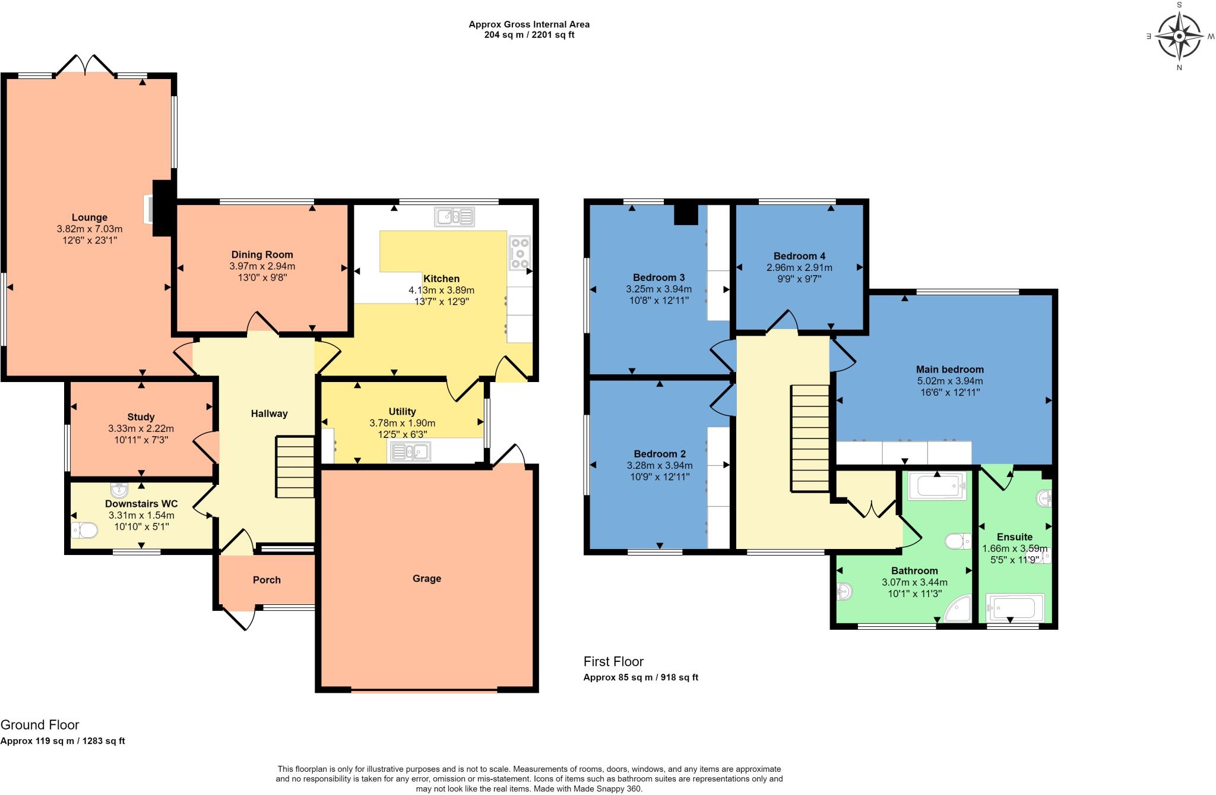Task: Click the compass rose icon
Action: click(x=1179, y=36)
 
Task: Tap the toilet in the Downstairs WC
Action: click(x=84, y=530)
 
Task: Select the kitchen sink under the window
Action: click(x=455, y=217)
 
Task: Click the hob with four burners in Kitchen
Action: click(x=520, y=253)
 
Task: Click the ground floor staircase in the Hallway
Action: click(x=294, y=467)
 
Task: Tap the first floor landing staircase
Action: click(x=810, y=438)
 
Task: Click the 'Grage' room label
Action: click(x=426, y=579)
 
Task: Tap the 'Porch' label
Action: click(x=267, y=580)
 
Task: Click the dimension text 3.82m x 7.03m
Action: click(x=90, y=229)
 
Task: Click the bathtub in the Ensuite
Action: click(x=1015, y=608)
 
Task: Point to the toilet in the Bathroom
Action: click(x=957, y=541)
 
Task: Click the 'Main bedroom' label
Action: click(x=949, y=370)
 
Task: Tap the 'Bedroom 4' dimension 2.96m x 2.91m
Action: click(x=799, y=267)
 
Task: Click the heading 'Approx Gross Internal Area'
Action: click(x=528, y=24)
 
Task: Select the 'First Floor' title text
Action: click(x=613, y=661)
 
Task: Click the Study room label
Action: click(x=141, y=417)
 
